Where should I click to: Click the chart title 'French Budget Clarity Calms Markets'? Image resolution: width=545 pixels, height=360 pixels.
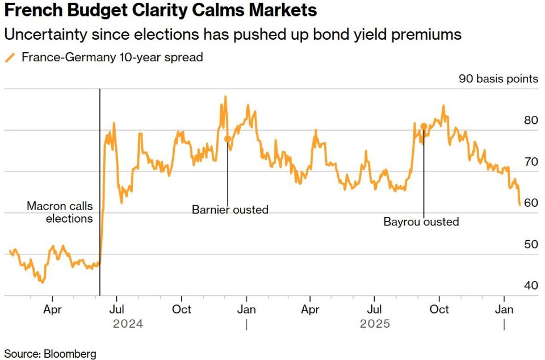(161, 11)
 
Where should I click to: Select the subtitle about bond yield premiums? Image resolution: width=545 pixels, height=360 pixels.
(233, 35)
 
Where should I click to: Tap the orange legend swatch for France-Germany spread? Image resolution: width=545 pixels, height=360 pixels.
(10, 57)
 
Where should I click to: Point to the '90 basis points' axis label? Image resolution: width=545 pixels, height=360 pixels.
(498, 79)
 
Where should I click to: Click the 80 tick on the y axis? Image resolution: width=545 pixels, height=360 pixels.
(531, 120)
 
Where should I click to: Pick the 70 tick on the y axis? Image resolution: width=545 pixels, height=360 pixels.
(531, 162)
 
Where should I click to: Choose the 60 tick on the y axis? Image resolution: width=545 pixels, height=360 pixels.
(531, 203)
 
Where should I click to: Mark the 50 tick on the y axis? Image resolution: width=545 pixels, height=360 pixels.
(531, 245)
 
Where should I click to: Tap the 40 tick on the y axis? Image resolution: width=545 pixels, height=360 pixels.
(531, 286)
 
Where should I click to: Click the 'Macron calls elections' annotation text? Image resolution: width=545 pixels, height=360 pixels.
(60, 212)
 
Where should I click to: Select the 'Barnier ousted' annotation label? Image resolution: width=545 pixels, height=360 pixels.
(230, 210)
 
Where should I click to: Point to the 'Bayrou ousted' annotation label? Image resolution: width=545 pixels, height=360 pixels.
(421, 221)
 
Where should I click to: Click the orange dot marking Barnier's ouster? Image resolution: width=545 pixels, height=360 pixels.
(227, 139)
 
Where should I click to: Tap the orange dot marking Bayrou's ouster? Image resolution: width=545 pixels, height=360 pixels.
(424, 126)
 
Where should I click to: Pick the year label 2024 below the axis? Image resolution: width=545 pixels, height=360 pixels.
(128, 324)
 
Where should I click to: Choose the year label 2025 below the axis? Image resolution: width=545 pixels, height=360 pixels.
(375, 324)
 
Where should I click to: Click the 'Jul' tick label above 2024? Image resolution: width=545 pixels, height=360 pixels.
(116, 309)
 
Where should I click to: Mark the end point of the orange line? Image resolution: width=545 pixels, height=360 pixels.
(519, 205)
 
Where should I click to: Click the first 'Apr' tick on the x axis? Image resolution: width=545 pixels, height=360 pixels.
(52, 309)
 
